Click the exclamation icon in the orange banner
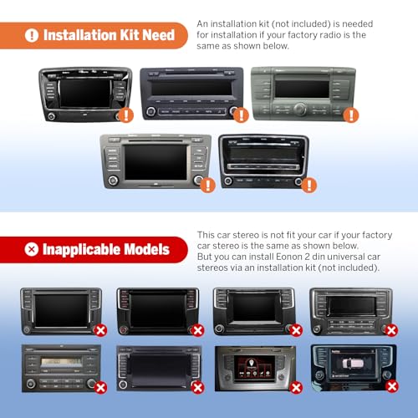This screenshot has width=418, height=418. point(32,35)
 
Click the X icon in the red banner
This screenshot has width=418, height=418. point(31,249)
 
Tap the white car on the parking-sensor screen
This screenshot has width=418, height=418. point(353,364)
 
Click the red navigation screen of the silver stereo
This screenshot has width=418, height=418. point(254,367)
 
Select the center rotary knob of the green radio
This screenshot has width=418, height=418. point(300,109)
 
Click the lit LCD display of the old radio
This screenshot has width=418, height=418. point(62,363)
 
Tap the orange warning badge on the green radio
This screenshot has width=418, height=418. point(351,115)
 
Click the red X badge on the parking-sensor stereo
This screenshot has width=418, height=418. point(392,386)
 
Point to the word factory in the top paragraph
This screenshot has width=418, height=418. point(303,35)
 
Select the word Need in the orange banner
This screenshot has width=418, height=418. point(158,35)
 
